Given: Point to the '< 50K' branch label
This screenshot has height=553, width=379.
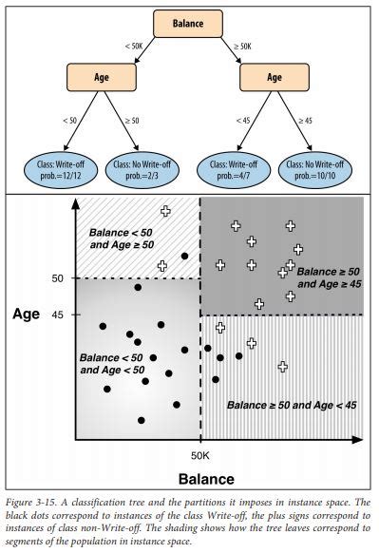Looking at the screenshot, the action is (x=134, y=46).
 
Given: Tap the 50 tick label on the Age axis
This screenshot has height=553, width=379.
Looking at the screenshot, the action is (x=58, y=277).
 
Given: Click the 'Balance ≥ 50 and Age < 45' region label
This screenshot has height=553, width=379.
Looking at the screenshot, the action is (x=292, y=403).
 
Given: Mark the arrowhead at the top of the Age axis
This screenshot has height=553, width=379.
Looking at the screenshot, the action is (x=76, y=202).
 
